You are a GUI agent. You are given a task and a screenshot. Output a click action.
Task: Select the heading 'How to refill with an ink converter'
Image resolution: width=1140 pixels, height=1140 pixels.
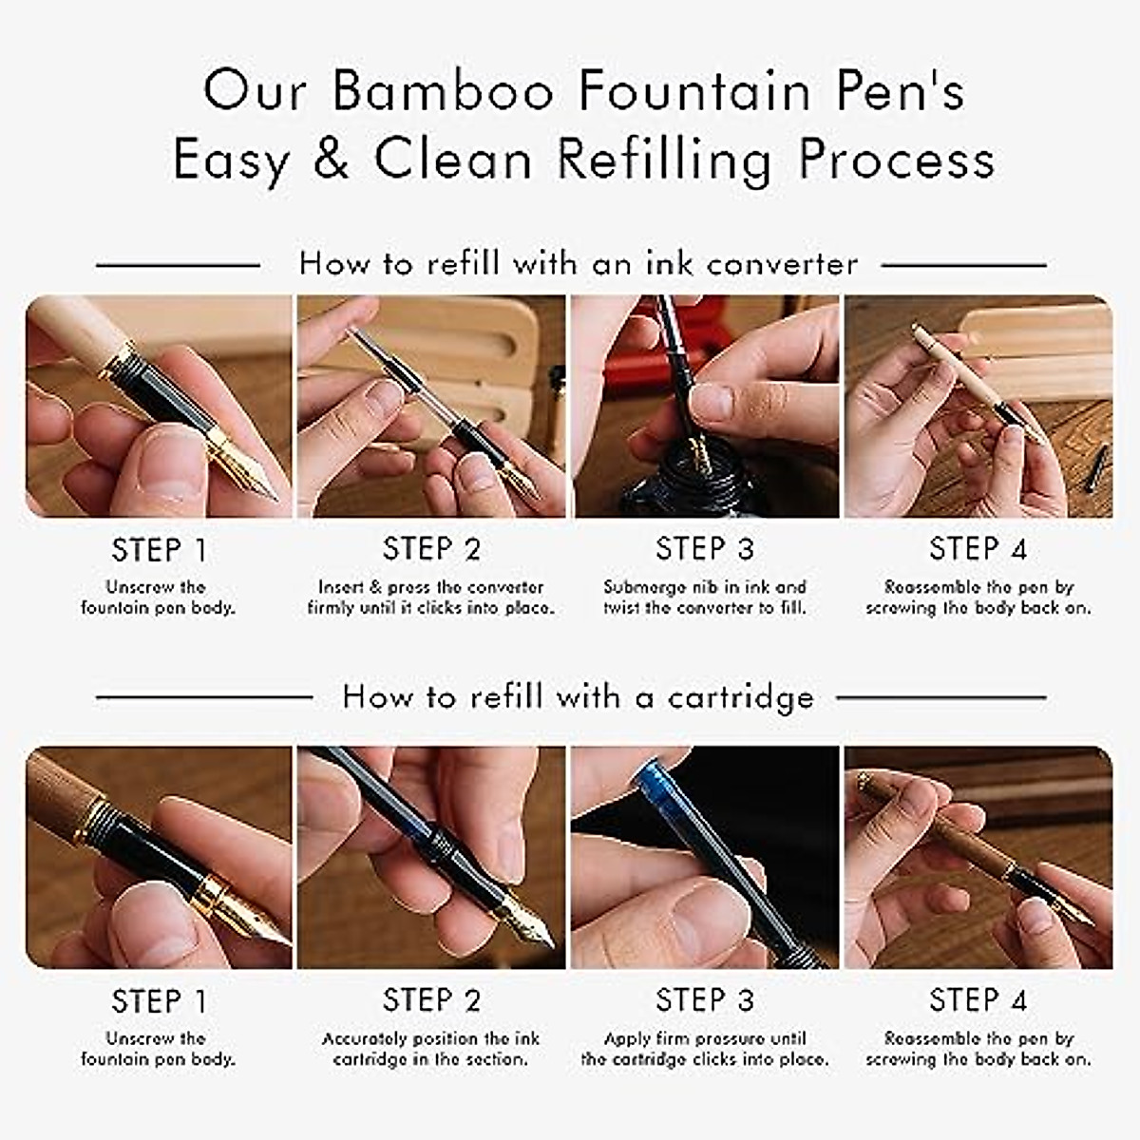[579, 263]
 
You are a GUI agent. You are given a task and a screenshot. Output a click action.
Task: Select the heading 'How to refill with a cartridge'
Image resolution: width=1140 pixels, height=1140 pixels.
[579, 697]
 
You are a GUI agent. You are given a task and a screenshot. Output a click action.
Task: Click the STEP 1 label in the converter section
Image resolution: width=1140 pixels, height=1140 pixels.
[159, 550]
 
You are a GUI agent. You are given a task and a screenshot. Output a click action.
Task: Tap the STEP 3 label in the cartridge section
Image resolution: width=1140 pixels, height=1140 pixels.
[705, 1000]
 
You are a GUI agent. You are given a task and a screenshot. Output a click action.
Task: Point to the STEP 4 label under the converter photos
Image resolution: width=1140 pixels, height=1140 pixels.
[978, 549]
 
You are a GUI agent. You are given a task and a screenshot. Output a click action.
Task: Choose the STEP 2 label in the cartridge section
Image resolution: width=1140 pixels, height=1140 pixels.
[431, 1000]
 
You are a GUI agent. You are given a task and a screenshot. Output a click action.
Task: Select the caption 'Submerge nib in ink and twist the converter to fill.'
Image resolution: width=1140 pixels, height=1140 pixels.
[705, 598]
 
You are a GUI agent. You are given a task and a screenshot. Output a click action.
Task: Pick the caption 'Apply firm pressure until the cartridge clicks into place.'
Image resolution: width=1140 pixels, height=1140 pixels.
[705, 1049]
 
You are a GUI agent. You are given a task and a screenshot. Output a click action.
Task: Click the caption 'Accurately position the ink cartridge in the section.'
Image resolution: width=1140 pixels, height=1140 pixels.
[431, 1049]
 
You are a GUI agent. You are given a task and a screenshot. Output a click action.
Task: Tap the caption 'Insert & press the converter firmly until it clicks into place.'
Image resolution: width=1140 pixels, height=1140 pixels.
[431, 598]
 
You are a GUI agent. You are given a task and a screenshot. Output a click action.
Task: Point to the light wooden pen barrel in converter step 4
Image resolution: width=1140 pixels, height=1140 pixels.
[955, 366]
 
